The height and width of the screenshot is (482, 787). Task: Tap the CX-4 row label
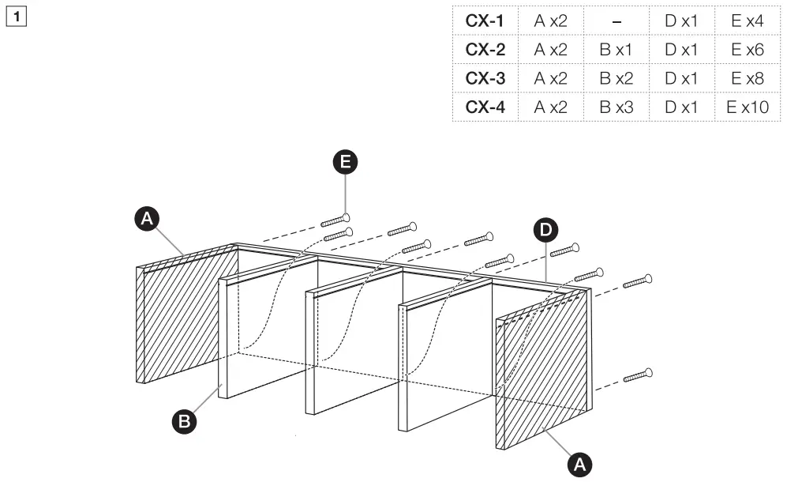click(485, 107)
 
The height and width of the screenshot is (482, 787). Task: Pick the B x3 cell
click(616, 107)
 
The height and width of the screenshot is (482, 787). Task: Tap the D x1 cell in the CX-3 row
click(680, 78)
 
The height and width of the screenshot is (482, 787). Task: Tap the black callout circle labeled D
click(545, 231)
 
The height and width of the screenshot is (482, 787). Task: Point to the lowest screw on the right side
click(637, 375)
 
